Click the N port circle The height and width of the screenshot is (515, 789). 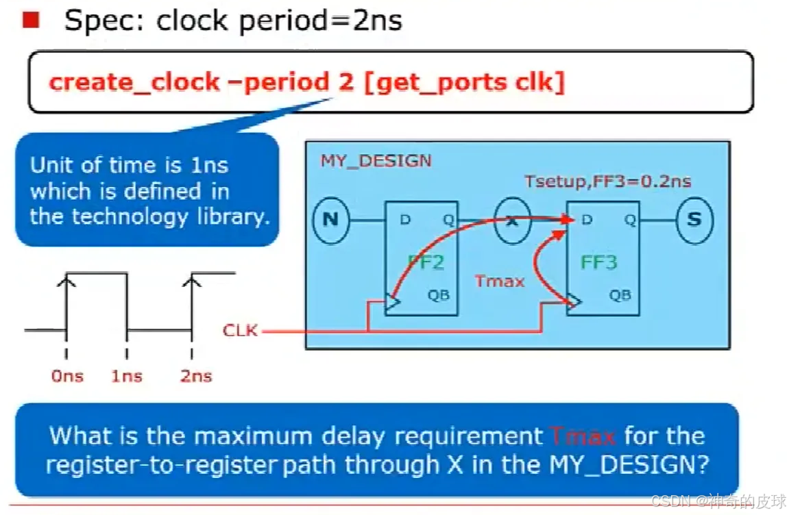pos(330,221)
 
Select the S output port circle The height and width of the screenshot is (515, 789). pos(694,221)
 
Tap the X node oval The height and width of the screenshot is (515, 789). pos(512,221)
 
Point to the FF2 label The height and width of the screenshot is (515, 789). pos(426,262)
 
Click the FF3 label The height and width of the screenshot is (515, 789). pos(599,262)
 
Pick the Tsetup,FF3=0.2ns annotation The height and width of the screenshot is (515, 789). pos(607,181)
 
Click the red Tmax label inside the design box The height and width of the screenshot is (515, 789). pos(500,281)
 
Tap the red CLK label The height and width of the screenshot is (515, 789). pos(240,331)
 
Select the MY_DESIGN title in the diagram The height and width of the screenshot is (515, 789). pos(376,162)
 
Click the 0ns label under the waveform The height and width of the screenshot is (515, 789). pos(67,376)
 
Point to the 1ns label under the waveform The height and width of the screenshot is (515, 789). pos(127,376)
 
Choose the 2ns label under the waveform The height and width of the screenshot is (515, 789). pos(196,376)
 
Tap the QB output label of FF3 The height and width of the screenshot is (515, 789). pos(620,295)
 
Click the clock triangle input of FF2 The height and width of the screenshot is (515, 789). pos(393,302)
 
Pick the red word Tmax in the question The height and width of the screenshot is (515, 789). pos(582,436)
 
